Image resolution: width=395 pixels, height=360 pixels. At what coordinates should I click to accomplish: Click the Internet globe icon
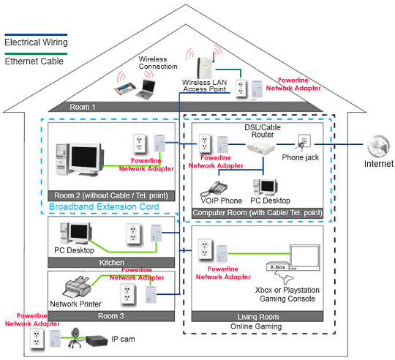378,146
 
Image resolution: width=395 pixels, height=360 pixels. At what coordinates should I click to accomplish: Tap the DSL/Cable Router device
260,148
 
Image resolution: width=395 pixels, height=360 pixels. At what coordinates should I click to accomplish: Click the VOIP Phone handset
214,189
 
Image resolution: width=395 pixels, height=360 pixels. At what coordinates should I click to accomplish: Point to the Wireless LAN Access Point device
206,67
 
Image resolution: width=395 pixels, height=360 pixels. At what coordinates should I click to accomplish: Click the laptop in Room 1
146,89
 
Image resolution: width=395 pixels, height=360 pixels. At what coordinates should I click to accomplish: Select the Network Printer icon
78,287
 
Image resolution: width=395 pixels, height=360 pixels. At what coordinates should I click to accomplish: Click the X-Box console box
278,266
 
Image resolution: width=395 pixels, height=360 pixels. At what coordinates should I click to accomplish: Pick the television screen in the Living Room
304,258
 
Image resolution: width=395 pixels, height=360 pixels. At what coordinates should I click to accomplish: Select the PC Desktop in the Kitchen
75,233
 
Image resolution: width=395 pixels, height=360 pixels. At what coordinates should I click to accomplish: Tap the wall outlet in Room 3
127,293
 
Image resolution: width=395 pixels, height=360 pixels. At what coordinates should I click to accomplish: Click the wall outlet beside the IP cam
37,339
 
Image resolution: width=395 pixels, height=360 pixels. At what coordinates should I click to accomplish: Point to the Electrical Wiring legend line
36,34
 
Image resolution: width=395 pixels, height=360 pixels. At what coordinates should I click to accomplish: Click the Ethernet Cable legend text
34,61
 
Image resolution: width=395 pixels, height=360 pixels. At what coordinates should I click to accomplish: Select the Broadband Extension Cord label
104,207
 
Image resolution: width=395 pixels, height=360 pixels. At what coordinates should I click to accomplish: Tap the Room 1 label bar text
83,107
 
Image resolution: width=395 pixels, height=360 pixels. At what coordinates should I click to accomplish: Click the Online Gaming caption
256,326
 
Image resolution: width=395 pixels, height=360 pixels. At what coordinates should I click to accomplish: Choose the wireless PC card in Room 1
125,89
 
